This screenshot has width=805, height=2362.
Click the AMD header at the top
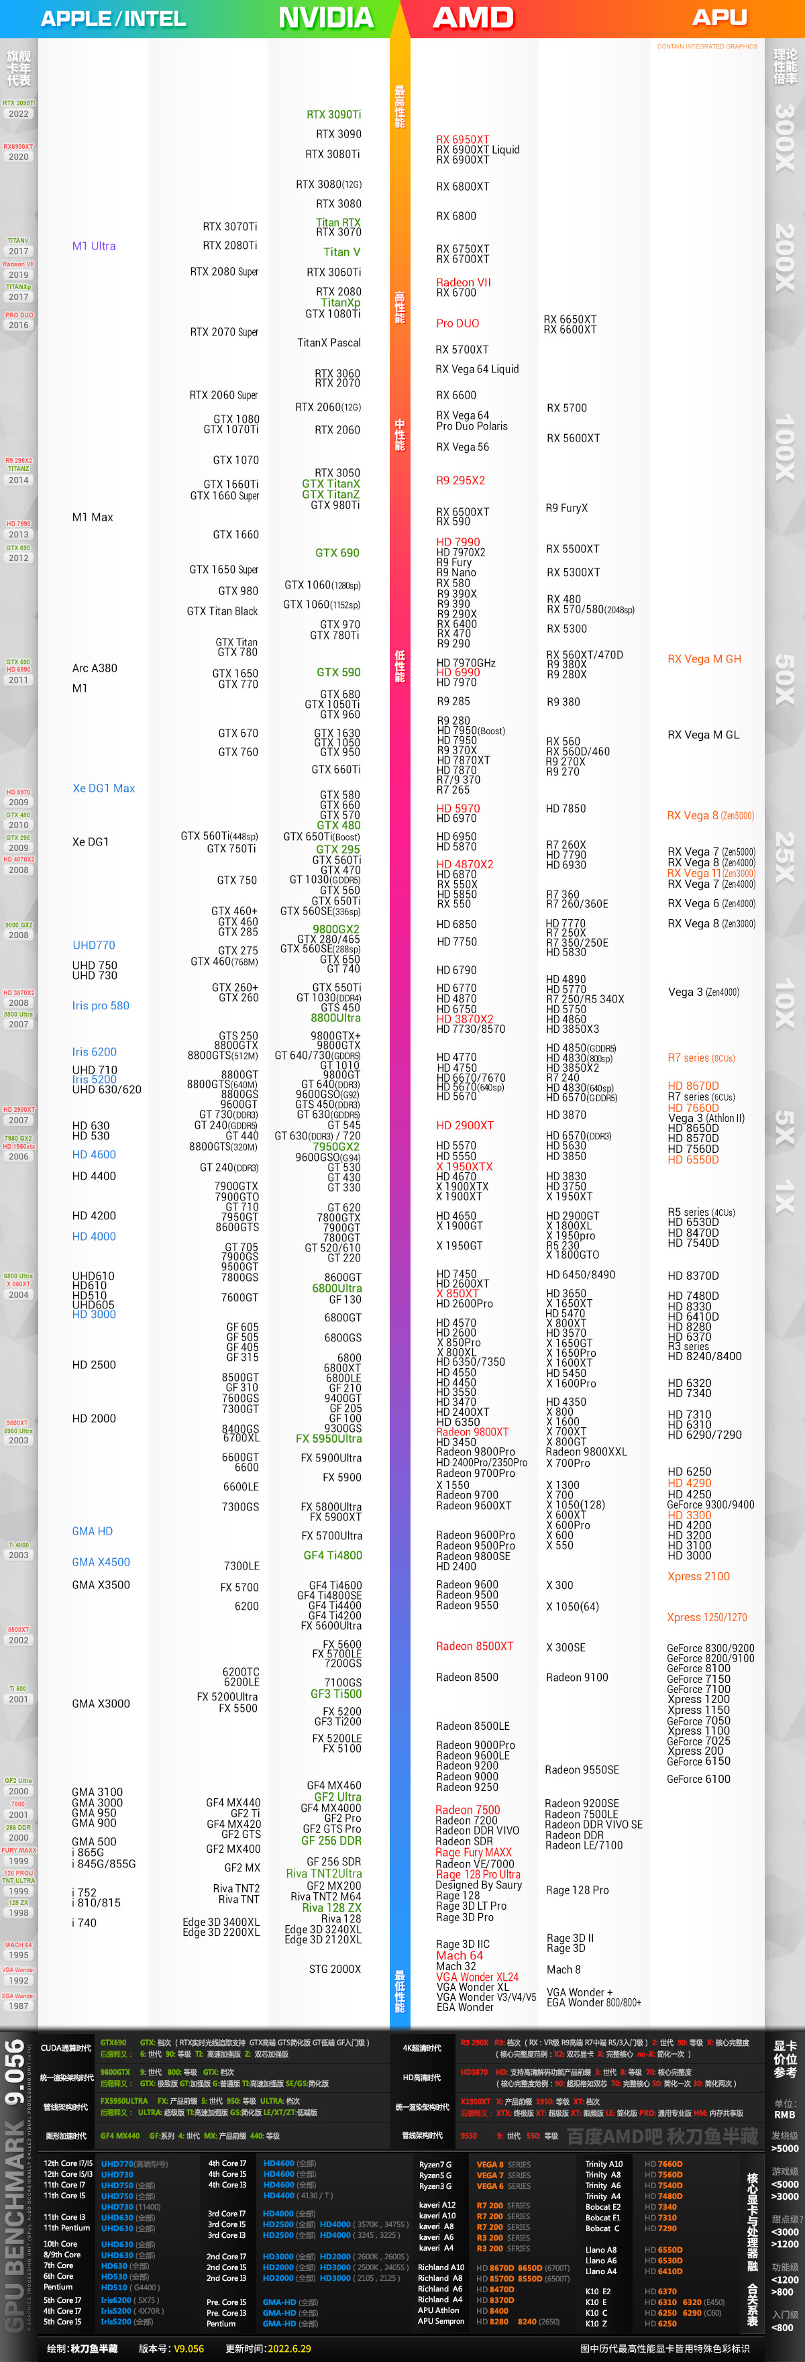tap(473, 17)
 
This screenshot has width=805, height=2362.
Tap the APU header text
tap(719, 17)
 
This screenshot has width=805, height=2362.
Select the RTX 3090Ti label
tap(333, 115)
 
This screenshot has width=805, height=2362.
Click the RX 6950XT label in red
tap(462, 140)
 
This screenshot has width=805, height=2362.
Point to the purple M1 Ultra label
tap(93, 246)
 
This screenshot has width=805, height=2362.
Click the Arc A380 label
tap(95, 668)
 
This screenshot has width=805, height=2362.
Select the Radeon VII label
tap(463, 283)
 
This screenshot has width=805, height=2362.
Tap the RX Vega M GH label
tap(703, 658)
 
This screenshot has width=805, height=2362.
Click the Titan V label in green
tap(341, 252)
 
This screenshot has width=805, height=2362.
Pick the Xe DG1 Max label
tap(103, 788)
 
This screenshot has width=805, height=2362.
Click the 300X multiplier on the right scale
tap(784, 138)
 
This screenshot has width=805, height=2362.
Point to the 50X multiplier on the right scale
tap(784, 678)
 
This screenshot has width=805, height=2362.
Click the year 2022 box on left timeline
tap(18, 113)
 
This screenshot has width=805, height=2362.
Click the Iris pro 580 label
tap(100, 1005)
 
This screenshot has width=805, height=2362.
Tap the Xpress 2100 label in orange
tap(698, 1576)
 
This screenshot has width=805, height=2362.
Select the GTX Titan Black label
tap(222, 611)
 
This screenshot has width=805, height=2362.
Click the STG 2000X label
tap(335, 1969)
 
